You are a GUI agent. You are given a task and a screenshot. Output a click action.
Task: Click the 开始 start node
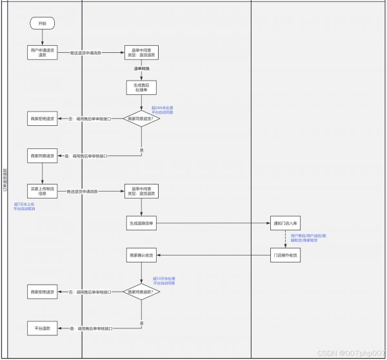[43, 23]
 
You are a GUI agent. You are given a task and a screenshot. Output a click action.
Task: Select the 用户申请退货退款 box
[43, 52]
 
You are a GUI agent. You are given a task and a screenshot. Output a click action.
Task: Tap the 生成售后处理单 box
[141, 88]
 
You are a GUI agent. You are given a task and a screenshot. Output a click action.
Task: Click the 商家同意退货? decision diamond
[141, 119]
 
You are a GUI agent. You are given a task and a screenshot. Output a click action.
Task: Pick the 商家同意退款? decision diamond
[141, 292]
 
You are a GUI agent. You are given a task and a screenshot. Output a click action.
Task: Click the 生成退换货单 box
[141, 223]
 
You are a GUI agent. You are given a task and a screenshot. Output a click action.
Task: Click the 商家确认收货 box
[141, 255]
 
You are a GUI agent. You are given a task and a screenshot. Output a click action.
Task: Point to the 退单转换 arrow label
[141, 68]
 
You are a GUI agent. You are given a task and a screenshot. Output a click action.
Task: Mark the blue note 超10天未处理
[165, 281]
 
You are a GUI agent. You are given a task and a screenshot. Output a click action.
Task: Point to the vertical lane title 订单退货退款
[6, 180]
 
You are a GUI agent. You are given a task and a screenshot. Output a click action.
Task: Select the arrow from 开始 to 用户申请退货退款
[43, 37]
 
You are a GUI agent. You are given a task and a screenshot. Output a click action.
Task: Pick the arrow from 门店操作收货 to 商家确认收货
[213, 255]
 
